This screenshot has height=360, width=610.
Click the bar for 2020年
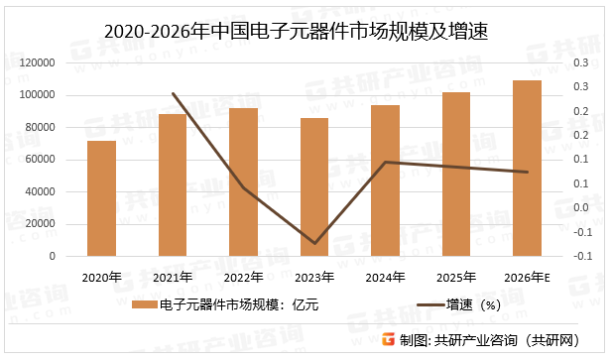point(101,198)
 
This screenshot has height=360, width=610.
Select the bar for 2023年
point(314,187)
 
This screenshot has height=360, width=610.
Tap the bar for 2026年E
point(528,169)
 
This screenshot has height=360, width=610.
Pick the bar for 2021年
point(173,185)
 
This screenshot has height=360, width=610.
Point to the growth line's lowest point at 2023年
point(314,243)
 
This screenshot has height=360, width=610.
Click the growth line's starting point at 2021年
point(173,94)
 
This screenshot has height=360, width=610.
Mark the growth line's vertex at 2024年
point(386,162)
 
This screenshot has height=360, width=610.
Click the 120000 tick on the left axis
point(38,62)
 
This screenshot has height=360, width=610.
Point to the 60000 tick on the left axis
point(41,160)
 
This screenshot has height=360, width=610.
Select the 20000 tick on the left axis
point(41,224)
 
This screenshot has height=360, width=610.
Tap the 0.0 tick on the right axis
point(579,208)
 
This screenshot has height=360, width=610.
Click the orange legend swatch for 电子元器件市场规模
point(145,305)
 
